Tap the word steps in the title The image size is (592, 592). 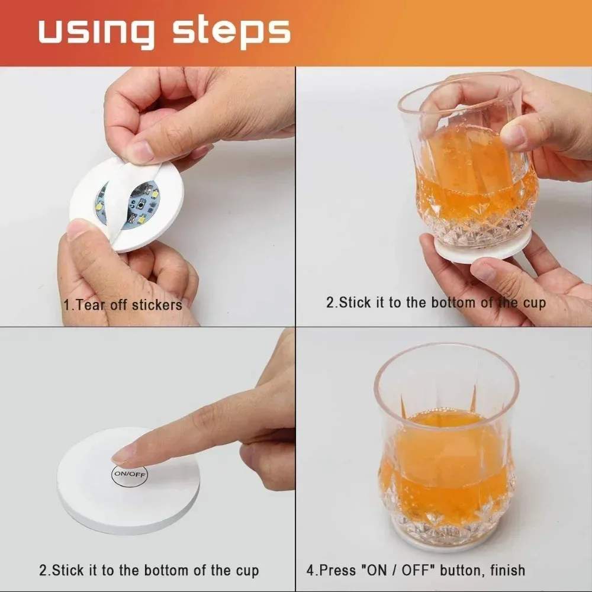click(x=230, y=33)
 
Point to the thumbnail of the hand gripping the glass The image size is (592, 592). click(x=513, y=137)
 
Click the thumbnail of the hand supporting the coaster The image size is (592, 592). click(x=482, y=271)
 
